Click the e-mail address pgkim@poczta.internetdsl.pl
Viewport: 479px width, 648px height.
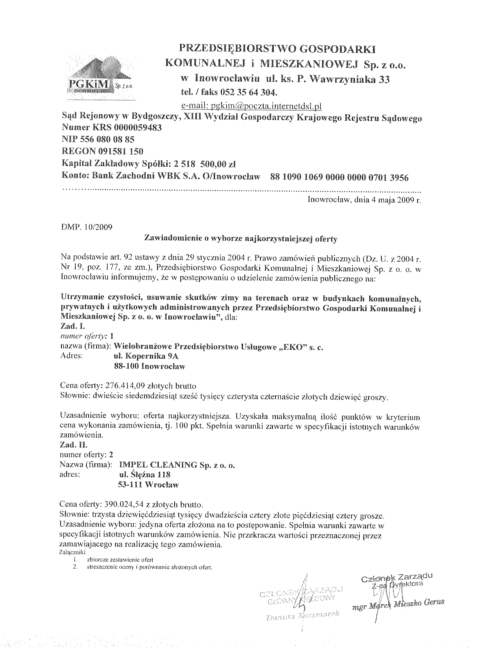251,106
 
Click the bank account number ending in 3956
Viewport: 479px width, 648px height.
339,177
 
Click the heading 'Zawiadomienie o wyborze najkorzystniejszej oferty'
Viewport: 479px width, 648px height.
241,239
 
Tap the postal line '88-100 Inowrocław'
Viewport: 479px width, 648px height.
149,366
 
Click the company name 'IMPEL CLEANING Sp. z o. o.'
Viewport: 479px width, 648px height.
176,465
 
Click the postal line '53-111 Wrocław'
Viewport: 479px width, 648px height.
149,484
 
